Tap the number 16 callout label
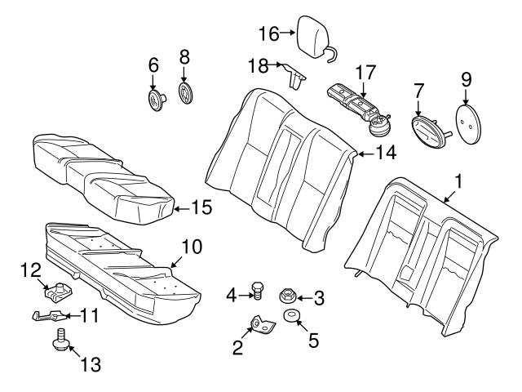268,33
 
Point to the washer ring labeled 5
290,317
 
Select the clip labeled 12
58,289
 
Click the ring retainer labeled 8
185,92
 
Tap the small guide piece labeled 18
295,75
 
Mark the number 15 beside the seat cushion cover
201,207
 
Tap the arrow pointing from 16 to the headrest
286,33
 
